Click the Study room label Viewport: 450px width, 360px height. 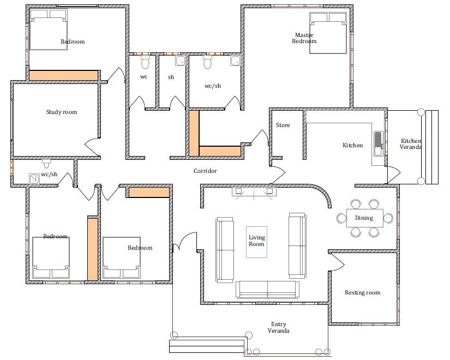[x=62, y=112]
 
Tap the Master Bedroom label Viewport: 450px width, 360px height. [x=304, y=38]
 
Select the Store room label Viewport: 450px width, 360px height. [x=283, y=125]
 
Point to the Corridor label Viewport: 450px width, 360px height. [x=205, y=171]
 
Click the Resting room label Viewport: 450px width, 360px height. [x=363, y=292]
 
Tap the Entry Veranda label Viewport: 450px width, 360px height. [x=278, y=327]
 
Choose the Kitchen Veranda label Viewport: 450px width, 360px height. [x=411, y=144]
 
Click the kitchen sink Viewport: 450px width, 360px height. [x=378, y=143]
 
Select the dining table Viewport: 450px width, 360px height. [x=365, y=218]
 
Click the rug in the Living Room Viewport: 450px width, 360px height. [x=256, y=242]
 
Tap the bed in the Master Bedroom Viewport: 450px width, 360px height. [x=328, y=33]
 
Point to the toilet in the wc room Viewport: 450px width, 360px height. [x=145, y=62]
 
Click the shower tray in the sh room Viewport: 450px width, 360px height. [x=180, y=61]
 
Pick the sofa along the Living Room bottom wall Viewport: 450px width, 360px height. [x=267, y=290]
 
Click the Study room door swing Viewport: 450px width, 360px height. [x=92, y=147]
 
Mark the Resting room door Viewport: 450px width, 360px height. [x=337, y=262]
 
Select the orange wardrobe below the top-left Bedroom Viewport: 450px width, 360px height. [x=63, y=75]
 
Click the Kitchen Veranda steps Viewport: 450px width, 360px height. [x=432, y=147]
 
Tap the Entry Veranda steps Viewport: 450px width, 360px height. [x=207, y=346]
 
